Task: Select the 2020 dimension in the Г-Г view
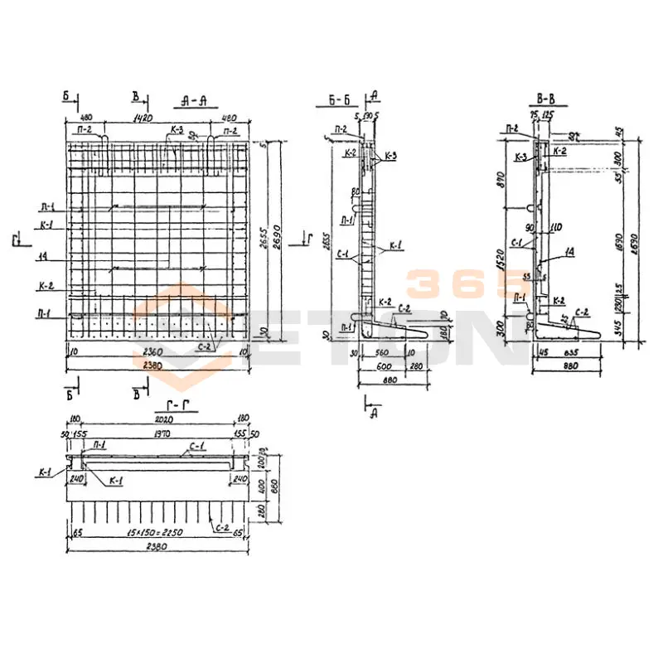point(157,419)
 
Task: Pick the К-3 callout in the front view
point(176,130)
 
